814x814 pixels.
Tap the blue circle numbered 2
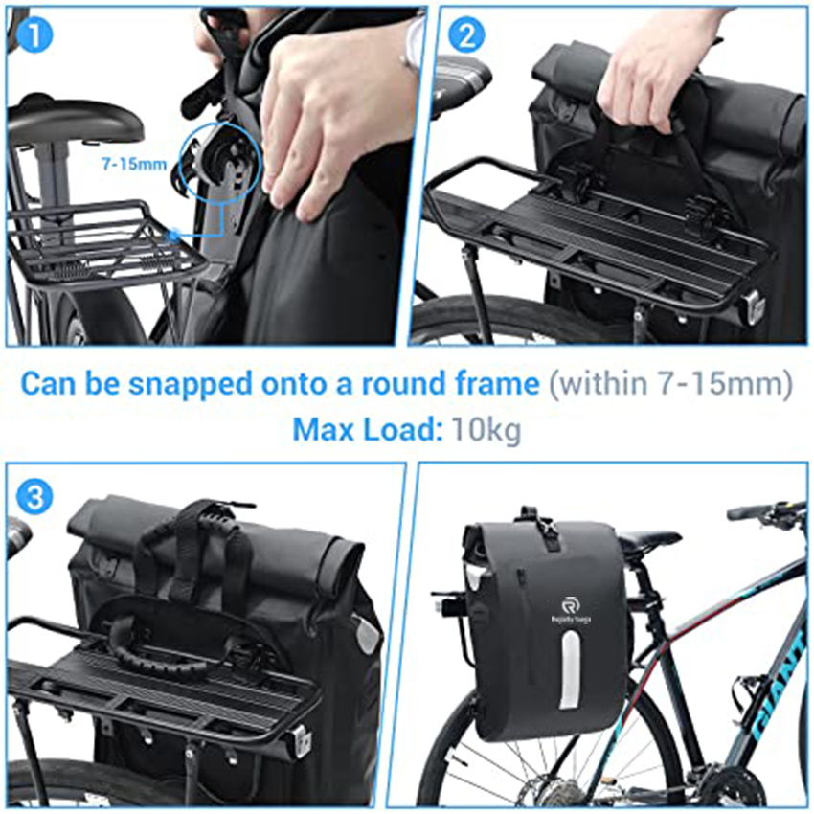click(x=467, y=35)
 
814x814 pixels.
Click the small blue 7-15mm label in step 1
click(x=134, y=164)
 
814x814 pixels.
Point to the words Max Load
click(x=364, y=429)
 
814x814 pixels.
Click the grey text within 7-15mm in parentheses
click(x=669, y=384)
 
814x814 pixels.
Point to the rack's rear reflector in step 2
click(x=753, y=307)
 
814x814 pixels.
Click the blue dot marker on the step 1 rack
click(x=172, y=233)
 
